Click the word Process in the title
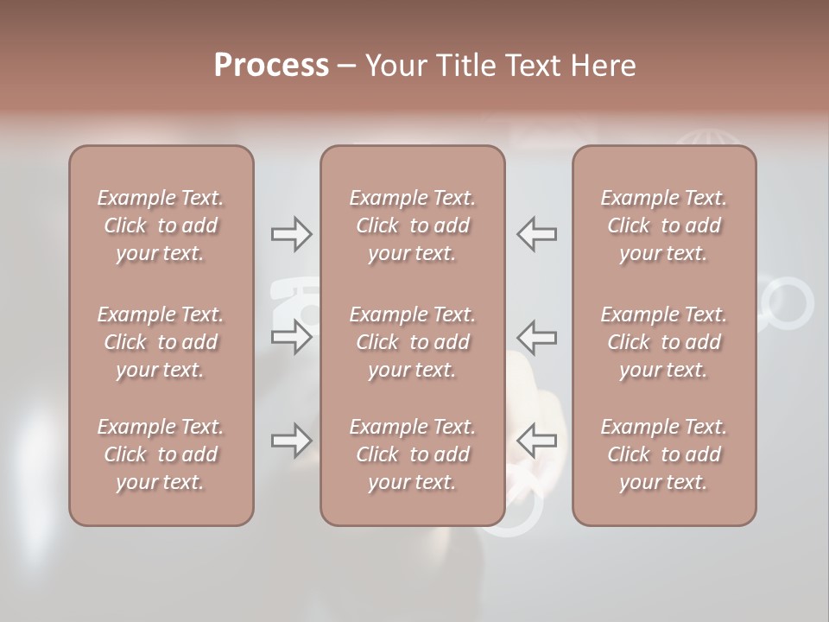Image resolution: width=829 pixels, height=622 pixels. [x=271, y=66]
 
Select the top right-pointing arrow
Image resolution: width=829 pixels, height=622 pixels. [x=292, y=233]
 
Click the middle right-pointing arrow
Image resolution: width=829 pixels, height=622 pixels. [x=292, y=337]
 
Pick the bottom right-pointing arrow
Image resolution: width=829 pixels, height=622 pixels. [x=292, y=441]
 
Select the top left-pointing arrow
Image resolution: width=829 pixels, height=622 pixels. [x=536, y=233]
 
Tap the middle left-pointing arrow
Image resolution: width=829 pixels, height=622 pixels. [x=536, y=337]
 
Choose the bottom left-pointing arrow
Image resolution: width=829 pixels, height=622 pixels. [x=536, y=441]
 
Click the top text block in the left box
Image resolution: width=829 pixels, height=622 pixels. [x=161, y=225]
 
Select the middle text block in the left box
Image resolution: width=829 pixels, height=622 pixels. [x=161, y=342]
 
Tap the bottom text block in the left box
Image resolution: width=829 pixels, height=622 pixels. [x=161, y=454]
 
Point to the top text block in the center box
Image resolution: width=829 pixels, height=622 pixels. [x=413, y=225]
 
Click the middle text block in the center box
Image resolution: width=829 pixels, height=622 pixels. [x=413, y=342]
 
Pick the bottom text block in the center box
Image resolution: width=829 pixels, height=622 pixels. [x=413, y=454]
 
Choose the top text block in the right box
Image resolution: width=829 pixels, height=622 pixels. [x=664, y=225]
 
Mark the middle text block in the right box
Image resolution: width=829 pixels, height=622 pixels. [x=664, y=342]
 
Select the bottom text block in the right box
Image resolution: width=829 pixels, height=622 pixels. [x=664, y=454]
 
